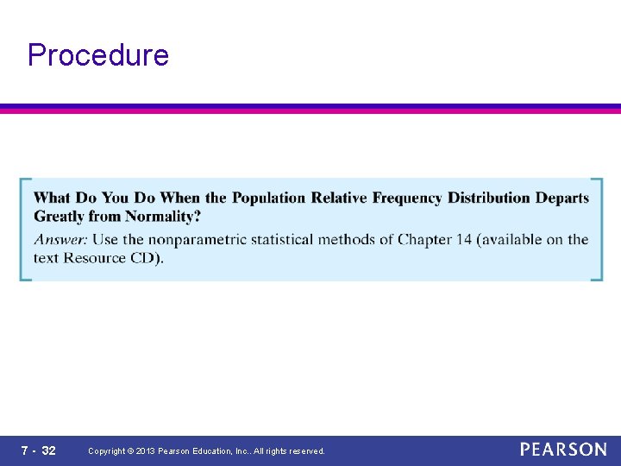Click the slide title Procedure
click(98, 55)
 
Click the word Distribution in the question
click(489, 198)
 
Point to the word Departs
click(562, 198)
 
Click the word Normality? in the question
click(163, 216)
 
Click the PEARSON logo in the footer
click(563, 450)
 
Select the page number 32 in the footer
click(49, 450)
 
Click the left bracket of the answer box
click(24, 230)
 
